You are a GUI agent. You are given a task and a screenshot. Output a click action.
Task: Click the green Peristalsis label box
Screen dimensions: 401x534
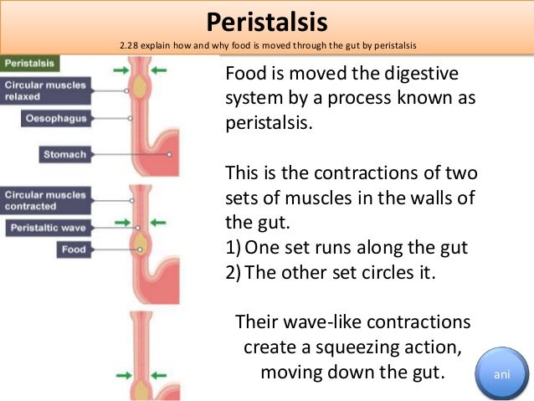tap(29, 64)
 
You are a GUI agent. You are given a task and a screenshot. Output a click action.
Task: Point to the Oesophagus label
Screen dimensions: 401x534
tap(54, 119)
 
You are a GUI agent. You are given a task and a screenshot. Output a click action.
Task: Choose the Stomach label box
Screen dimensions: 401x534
tap(64, 154)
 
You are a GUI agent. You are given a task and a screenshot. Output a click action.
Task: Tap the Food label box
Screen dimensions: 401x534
tap(73, 249)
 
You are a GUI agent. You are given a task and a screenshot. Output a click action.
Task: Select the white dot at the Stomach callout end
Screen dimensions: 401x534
tap(170, 155)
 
